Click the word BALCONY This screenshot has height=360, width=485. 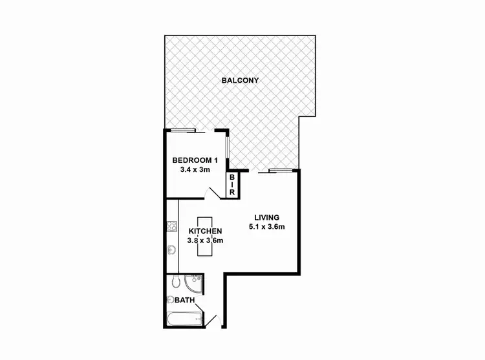click(240, 81)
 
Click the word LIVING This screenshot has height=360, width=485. click(266, 217)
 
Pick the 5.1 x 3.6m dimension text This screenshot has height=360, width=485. click(267, 227)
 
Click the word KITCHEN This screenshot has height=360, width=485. click(206, 231)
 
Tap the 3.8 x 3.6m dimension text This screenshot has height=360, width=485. click(206, 241)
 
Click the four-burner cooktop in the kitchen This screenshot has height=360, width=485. click(172, 226)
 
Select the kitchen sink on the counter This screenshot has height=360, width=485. click(172, 250)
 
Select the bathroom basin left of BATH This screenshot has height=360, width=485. click(171, 299)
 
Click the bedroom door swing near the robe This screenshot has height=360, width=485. click(212, 192)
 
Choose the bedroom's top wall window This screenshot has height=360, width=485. click(182, 131)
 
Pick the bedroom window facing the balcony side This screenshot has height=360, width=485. click(226, 149)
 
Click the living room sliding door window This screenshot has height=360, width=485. click(279, 171)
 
